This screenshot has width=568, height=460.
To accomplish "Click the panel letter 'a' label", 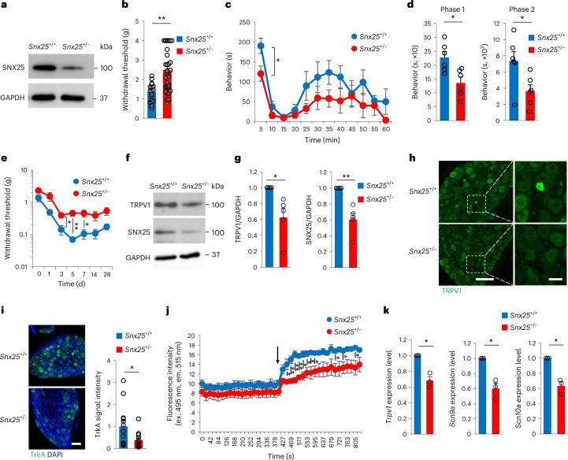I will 6,6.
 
